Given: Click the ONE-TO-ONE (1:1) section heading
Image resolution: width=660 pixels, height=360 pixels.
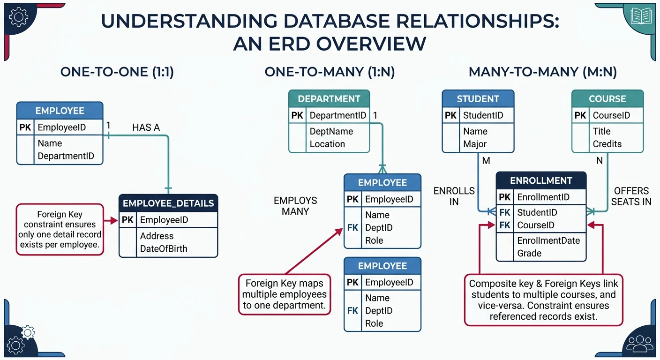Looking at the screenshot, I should (117, 72).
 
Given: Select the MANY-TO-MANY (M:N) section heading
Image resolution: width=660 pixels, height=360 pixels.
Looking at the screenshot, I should (542, 72).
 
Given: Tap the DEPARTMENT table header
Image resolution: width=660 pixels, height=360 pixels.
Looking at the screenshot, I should (329, 99).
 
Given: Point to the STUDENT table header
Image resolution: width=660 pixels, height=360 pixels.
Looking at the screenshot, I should (478, 99).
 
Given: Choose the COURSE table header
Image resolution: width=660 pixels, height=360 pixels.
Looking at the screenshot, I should (607, 99).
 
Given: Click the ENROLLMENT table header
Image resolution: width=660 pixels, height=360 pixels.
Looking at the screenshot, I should (541, 181).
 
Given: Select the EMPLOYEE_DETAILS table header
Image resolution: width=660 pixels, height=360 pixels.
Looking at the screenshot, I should (168, 203).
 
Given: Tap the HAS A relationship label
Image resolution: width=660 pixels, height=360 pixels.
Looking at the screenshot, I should (146, 127).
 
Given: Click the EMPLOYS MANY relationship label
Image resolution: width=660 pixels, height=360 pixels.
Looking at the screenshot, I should (295, 206).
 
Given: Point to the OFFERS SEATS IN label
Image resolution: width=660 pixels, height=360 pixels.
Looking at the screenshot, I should (631, 196).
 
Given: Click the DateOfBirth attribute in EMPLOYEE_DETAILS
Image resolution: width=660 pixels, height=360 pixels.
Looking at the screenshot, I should (164, 249).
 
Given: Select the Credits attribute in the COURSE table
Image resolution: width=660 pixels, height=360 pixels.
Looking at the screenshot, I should (607, 144).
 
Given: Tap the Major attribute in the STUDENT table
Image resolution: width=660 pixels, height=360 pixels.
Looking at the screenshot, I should (475, 144).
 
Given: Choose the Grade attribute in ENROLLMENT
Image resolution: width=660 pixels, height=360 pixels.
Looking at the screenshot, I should (529, 253).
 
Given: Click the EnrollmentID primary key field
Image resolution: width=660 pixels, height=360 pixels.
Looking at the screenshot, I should (543, 197).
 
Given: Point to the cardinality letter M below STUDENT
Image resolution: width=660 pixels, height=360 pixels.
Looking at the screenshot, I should (486, 161).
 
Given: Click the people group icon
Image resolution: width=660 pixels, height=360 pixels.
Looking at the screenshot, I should (640, 343).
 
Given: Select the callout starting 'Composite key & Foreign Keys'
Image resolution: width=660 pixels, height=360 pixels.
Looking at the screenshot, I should (543, 300).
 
